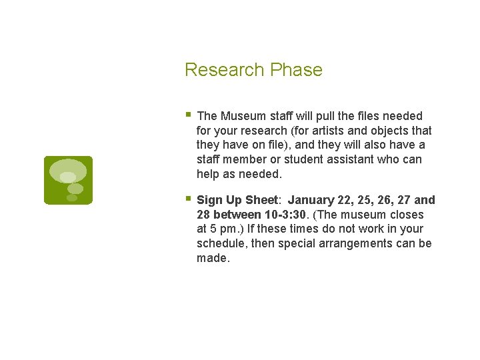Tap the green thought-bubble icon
click(68, 180)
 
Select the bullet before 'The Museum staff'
click(189, 115)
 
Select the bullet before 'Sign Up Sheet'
click(189, 199)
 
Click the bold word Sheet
click(261, 200)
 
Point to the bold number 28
click(203, 215)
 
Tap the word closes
click(407, 215)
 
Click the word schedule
click(221, 244)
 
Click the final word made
click(213, 259)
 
